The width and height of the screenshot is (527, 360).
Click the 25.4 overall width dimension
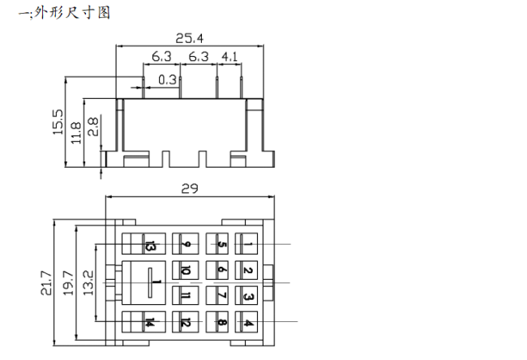pos(191,37)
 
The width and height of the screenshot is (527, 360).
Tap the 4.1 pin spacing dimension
pos(229,57)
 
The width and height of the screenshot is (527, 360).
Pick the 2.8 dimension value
pos(93,126)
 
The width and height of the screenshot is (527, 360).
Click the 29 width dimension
pos(190,188)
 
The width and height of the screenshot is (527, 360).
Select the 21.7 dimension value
pos(46,284)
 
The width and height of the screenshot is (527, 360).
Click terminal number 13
pos(150,245)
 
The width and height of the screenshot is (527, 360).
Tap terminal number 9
pos(186,245)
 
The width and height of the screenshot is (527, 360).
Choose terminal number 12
pos(186,323)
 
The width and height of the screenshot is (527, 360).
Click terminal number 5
pos(221,245)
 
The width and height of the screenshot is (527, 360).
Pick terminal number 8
pos(221,323)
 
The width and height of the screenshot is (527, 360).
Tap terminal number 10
pos(186,271)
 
